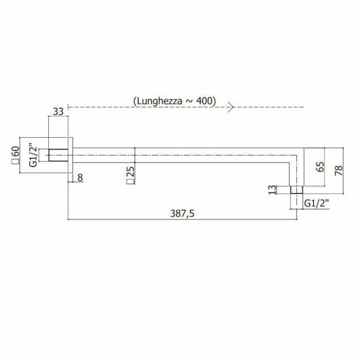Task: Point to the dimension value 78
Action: (x=338, y=170)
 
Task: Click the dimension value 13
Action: (x=273, y=189)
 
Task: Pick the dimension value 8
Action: (x=79, y=177)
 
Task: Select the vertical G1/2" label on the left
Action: (x=33, y=155)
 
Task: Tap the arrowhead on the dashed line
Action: (x=231, y=107)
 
